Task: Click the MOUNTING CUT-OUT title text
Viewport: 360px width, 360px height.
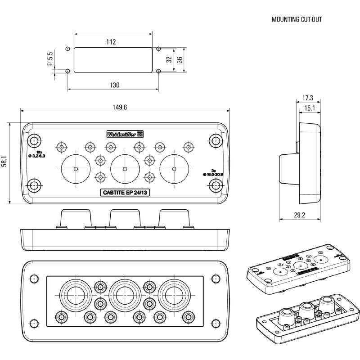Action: coord(297,20)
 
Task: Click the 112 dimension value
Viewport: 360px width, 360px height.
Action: coord(112,42)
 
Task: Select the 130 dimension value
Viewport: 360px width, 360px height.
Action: coord(115,85)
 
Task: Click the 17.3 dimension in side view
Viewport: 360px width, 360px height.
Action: coord(308,98)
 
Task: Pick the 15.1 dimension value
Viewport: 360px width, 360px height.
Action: coord(310,108)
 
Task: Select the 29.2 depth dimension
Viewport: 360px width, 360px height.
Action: coord(299,216)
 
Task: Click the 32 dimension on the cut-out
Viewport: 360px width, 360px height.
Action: coord(169,59)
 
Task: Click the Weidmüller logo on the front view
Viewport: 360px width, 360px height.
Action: coord(125,134)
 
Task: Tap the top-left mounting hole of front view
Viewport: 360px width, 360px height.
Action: coord(34,140)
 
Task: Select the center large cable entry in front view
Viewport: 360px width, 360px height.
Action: coord(125,168)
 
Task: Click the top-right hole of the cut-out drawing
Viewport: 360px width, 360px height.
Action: coord(158,49)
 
